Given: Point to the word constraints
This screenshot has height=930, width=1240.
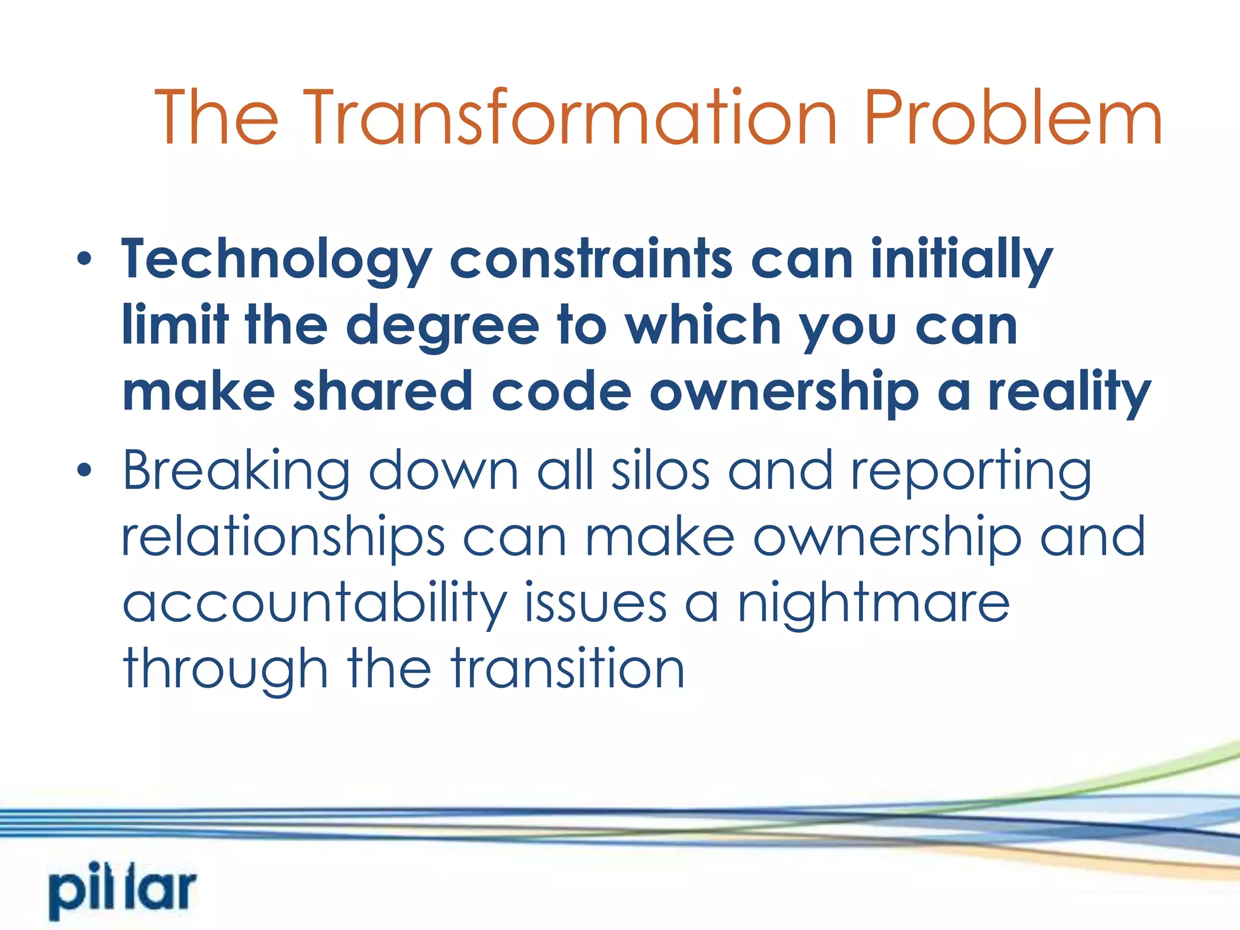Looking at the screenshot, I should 591,259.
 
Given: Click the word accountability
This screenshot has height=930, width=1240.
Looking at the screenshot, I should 314,604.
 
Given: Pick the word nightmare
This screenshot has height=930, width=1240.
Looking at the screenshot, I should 873,604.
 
